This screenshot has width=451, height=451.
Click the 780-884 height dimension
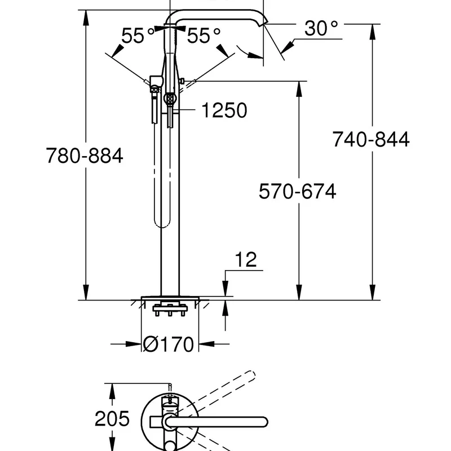click(x=84, y=156)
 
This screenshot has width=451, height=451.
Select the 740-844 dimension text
click(x=370, y=139)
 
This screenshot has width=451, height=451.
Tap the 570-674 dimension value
click(x=297, y=192)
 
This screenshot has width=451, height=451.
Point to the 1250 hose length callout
click(x=224, y=110)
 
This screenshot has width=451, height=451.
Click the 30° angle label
click(x=321, y=28)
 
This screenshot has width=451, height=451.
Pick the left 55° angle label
click(x=138, y=37)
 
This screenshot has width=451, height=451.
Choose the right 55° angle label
click(x=204, y=37)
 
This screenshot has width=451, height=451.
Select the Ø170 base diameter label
click(x=169, y=344)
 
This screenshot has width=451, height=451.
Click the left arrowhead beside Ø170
click(x=134, y=344)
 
